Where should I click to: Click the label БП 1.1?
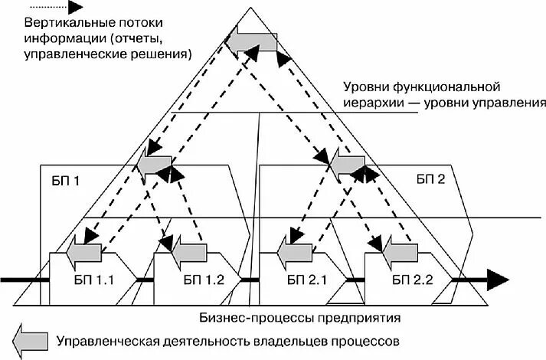pyautogui.click(x=93, y=280)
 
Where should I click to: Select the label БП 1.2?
pyautogui.click(x=204, y=280)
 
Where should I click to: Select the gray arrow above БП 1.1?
pyautogui.click(x=83, y=250)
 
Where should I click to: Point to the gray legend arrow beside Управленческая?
pyautogui.click(x=28, y=338)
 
